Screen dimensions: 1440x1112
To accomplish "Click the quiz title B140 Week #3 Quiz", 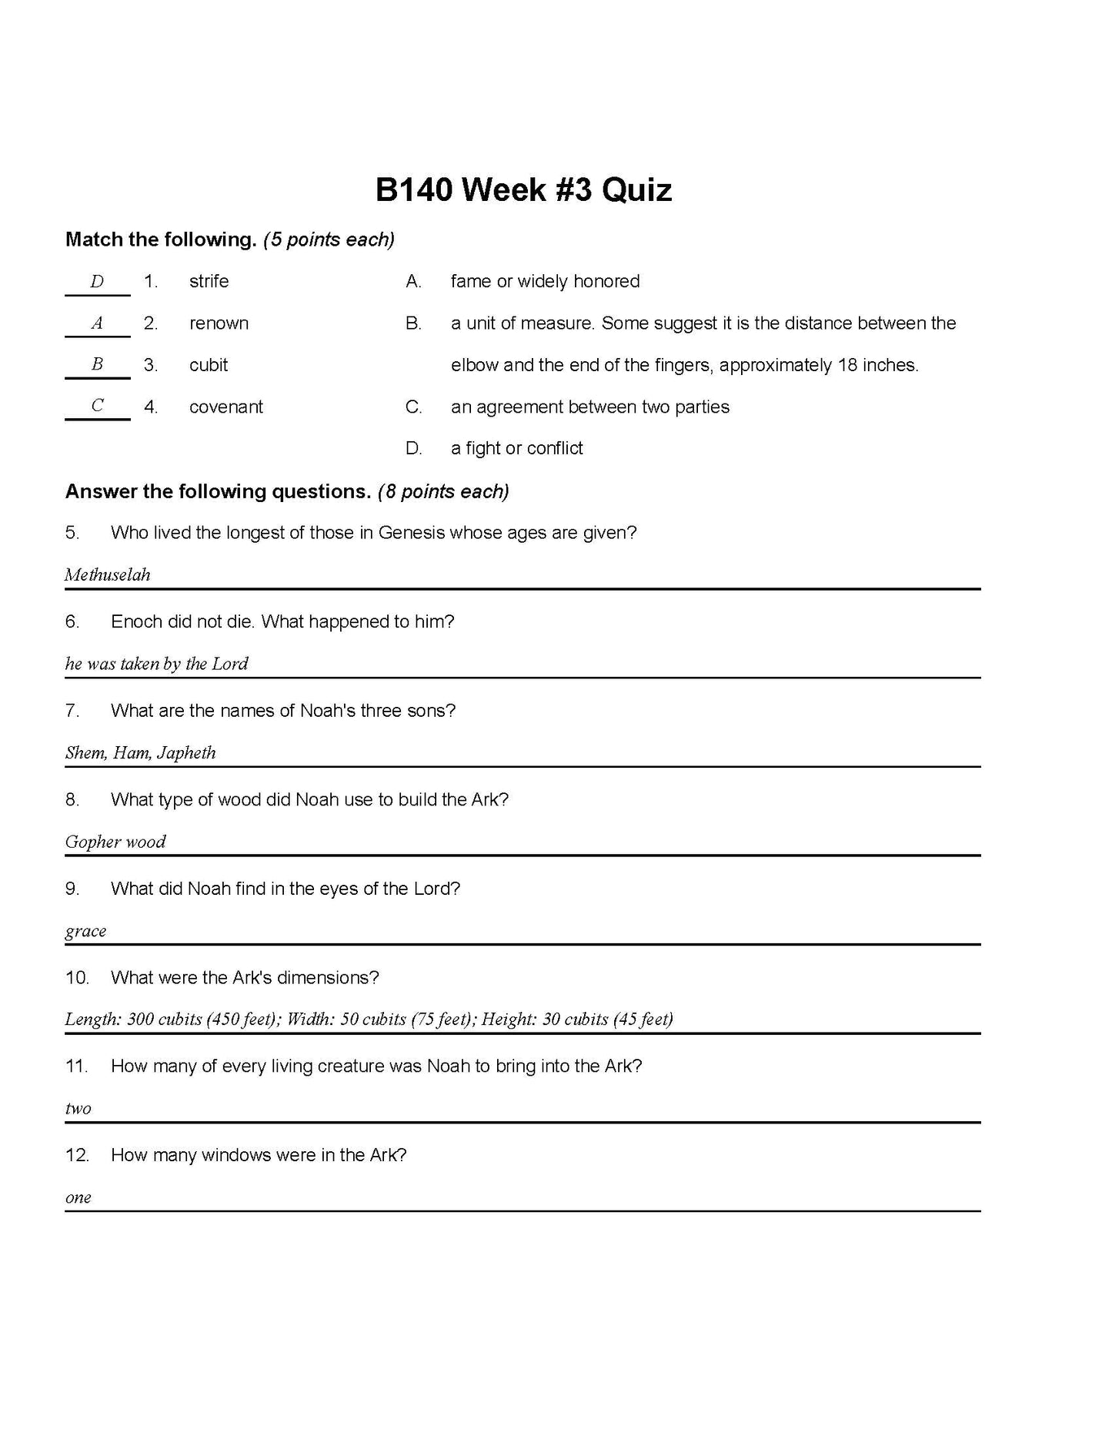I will pyautogui.click(x=523, y=190).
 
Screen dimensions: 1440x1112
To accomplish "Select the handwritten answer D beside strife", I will pyautogui.click(x=97, y=282).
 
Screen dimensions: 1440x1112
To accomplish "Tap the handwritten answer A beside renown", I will pyautogui.click(x=97, y=323).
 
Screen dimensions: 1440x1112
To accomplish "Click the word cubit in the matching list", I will pyautogui.click(x=209, y=365).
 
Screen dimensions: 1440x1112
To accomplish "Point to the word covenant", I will pyautogui.click(x=226, y=407).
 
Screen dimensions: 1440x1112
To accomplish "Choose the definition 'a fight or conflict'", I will pyautogui.click(x=516, y=448).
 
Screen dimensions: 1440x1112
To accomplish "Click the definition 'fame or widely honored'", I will pyautogui.click(x=545, y=282).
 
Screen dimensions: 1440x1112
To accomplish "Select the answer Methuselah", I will pyautogui.click(x=108, y=575).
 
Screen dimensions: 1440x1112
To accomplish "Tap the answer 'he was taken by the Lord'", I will pyautogui.click(x=156, y=664).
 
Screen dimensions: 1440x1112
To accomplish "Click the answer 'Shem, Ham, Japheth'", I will pyautogui.click(x=140, y=753).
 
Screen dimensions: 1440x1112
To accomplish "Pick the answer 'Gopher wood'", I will pyautogui.click(x=115, y=842).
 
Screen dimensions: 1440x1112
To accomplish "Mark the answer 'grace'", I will pyautogui.click(x=85, y=931).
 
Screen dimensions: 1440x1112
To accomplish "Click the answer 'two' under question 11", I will pyautogui.click(x=78, y=1109).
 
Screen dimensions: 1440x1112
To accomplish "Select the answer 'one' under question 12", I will pyautogui.click(x=78, y=1197).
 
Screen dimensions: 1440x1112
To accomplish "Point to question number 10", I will pyautogui.click(x=77, y=978).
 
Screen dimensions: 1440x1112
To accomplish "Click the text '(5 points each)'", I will pyautogui.click(x=329, y=240).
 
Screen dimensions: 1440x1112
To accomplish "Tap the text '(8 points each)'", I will pyautogui.click(x=443, y=491).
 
